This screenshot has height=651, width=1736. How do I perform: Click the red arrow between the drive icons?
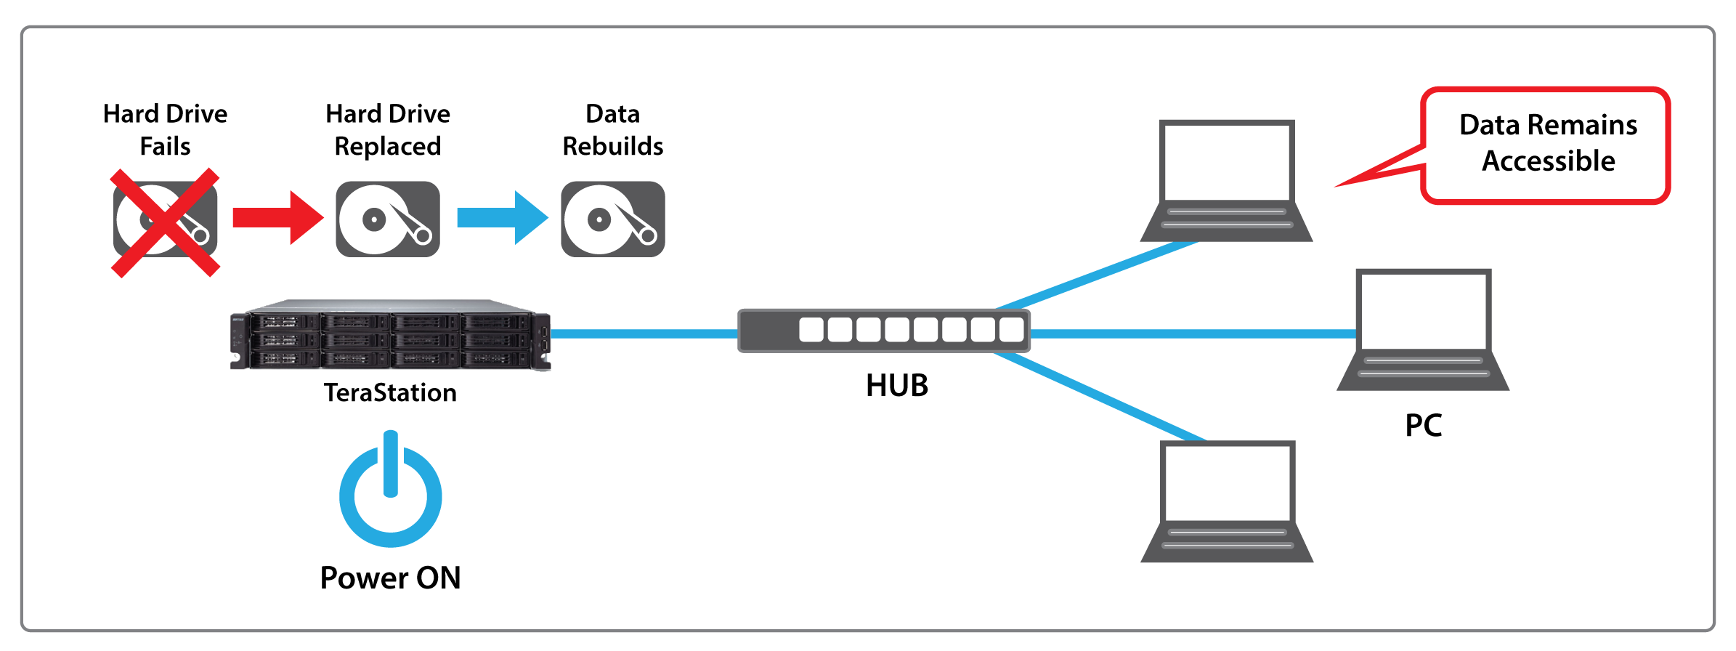tap(277, 218)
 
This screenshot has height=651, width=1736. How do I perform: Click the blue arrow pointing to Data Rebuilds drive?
tap(501, 218)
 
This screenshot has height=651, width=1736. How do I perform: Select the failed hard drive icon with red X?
tap(166, 221)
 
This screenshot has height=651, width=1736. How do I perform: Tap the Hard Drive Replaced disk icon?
tap(388, 219)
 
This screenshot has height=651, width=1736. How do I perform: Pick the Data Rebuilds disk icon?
tap(613, 219)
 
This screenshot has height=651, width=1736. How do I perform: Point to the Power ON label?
tap(391, 578)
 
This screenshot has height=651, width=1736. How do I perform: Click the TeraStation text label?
tap(390, 393)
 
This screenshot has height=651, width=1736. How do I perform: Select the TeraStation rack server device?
tap(391, 336)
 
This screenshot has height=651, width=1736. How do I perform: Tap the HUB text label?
tap(897, 386)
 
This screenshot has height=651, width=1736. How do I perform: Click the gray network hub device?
tap(883, 331)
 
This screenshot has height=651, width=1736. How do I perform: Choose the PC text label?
tap(1424, 426)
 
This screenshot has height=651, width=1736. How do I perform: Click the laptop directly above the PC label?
tap(1423, 331)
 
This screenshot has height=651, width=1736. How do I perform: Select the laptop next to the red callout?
tap(1227, 182)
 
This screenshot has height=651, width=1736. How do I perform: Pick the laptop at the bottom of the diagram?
tap(1227, 502)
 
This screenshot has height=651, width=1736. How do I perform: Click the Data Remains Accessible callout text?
tap(1549, 143)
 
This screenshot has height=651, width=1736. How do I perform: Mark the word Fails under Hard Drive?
tap(166, 147)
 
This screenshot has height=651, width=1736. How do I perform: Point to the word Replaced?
tap(388, 147)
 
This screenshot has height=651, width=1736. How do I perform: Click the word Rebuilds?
tap(613, 147)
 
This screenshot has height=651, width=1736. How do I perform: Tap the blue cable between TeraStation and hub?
tap(644, 334)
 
